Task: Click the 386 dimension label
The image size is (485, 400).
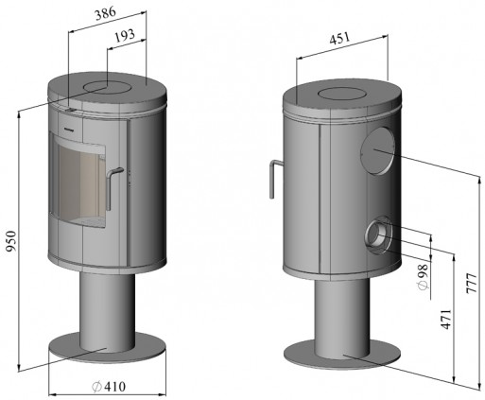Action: click(106, 13)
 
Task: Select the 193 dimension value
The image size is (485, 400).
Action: click(125, 36)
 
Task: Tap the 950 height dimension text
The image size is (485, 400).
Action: click(11, 241)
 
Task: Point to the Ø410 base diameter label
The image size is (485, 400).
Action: click(109, 387)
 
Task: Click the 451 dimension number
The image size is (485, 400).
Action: click(339, 38)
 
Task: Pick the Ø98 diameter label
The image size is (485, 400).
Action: click(423, 276)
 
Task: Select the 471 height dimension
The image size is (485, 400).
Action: click(446, 320)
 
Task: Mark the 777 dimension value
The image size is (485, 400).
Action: click(472, 284)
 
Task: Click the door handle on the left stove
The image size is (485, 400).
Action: click(113, 187)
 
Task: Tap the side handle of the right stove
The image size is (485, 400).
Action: click(274, 178)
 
